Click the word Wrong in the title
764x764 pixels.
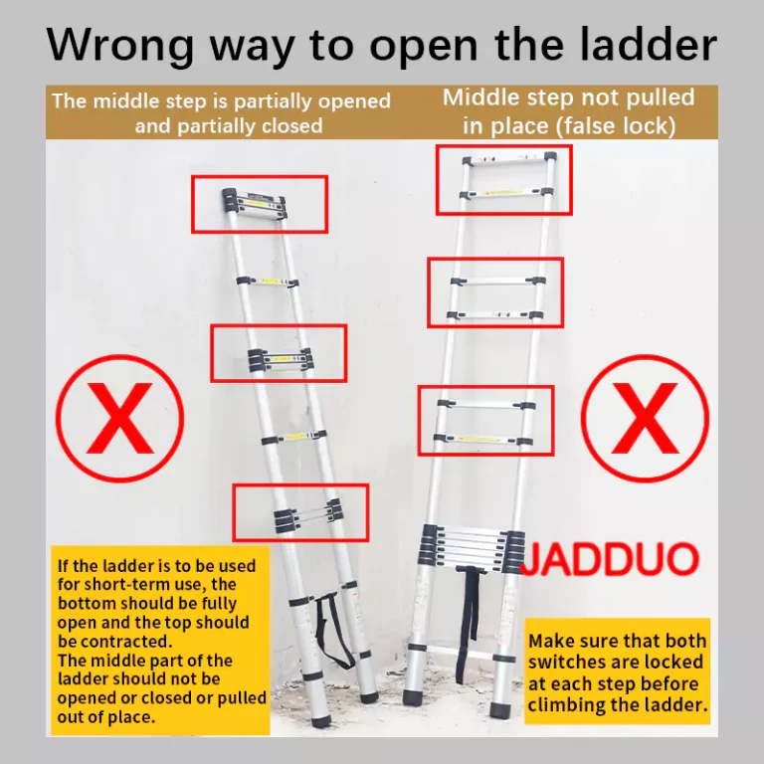click(x=120, y=45)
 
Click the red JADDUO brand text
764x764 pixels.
click(x=610, y=560)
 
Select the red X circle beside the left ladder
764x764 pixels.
click(x=119, y=419)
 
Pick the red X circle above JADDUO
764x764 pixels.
click(x=645, y=419)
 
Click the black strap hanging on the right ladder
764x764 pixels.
click(x=468, y=624)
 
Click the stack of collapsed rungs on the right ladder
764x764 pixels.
click(x=472, y=548)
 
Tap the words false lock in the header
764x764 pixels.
click(x=618, y=126)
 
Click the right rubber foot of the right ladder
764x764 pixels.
click(x=500, y=710)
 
